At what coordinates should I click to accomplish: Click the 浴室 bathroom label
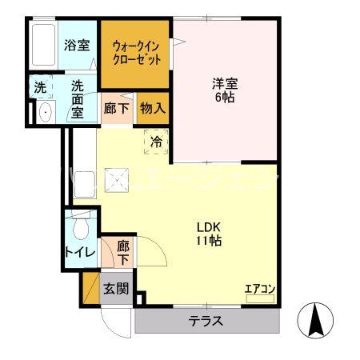(76, 46)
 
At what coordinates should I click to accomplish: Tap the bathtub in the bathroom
(45, 46)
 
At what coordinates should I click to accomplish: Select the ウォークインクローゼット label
(135, 53)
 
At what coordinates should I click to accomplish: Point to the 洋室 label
(226, 82)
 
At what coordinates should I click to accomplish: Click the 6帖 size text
(226, 98)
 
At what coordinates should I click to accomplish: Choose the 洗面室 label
(77, 98)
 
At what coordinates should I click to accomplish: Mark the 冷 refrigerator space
(157, 142)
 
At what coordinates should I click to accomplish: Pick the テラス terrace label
(206, 322)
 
